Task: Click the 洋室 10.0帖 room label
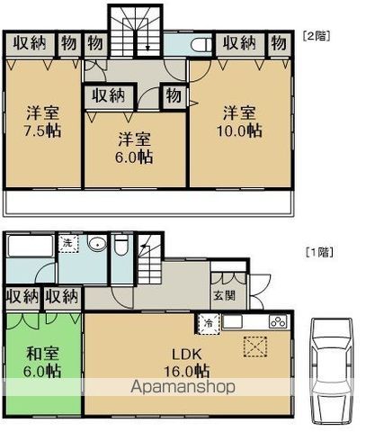click(239, 121)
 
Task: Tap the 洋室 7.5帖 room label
click(42, 121)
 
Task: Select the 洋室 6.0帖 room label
click(134, 148)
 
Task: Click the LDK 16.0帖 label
click(186, 363)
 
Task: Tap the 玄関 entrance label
click(224, 296)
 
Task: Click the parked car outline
click(331, 371)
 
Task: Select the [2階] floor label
click(317, 36)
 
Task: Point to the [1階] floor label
click(319, 252)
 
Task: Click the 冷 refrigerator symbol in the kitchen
click(208, 323)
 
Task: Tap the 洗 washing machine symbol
click(68, 243)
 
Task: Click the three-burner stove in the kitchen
click(278, 322)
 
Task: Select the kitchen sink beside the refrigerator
click(232, 322)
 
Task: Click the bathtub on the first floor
click(31, 246)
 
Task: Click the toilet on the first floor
click(121, 245)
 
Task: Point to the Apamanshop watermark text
click(183, 387)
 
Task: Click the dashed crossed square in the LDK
click(254, 347)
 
